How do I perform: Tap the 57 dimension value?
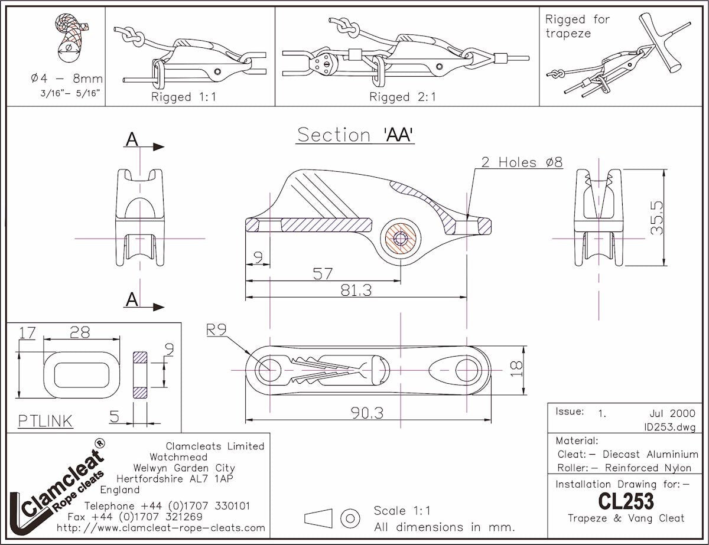point(323,273)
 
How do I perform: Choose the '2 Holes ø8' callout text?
point(521,162)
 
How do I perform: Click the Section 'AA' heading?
point(354,135)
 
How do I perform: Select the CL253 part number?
point(626,501)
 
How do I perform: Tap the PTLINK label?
point(45,420)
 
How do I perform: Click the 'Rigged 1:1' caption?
point(184,97)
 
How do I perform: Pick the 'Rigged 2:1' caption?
point(402,97)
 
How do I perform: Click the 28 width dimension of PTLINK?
point(80,332)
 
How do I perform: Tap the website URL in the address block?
point(161,527)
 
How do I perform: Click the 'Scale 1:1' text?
point(402,511)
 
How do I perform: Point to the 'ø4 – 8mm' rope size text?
point(67,79)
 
